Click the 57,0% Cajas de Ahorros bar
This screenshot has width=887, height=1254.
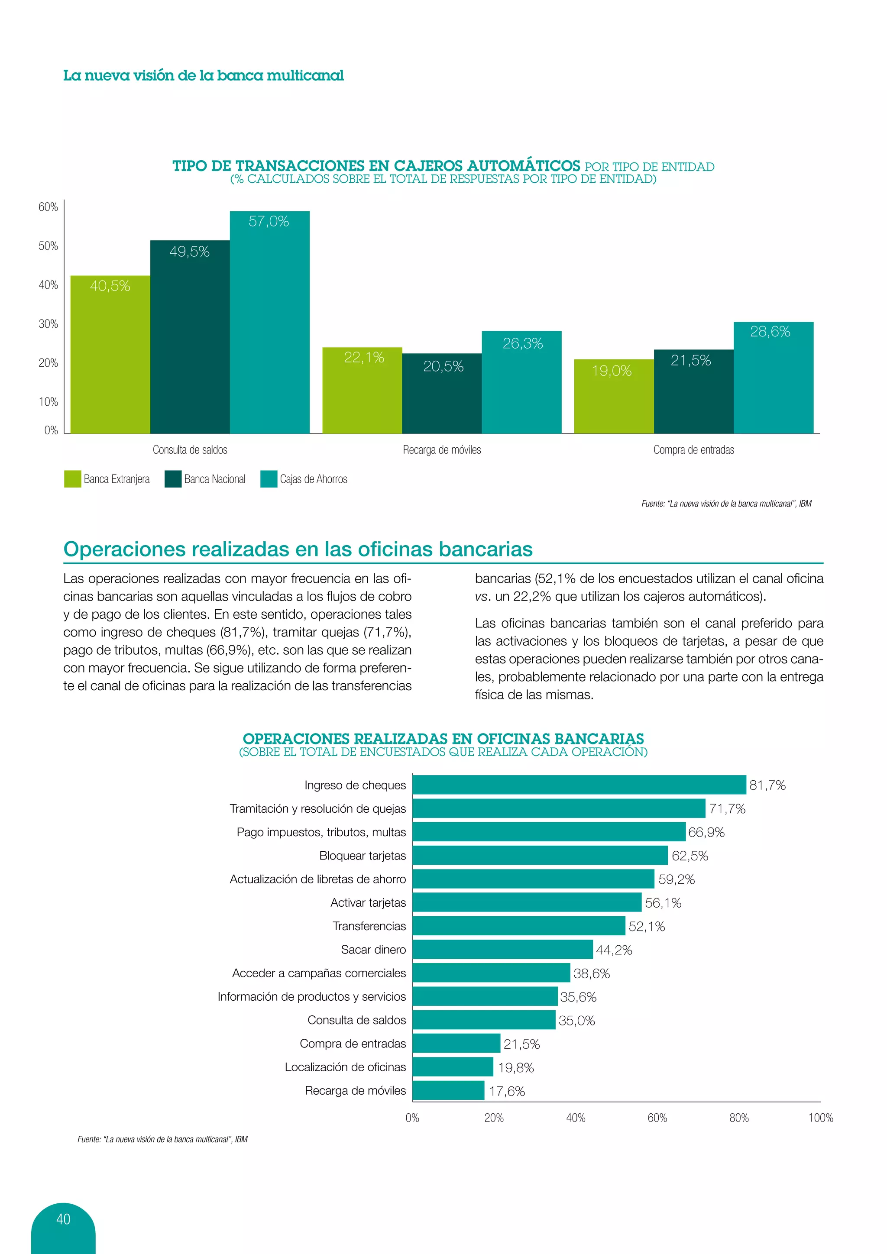pyautogui.click(x=269, y=322)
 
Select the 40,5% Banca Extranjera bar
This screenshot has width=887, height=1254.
pyautogui.click(x=110, y=355)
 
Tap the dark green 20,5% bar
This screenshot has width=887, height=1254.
pyautogui.click(x=442, y=393)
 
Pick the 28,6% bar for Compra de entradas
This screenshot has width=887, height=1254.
pyautogui.click(x=774, y=378)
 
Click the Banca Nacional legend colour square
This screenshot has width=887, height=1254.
pyautogui.click(x=173, y=479)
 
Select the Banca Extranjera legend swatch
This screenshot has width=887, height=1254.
pyautogui.click(x=73, y=479)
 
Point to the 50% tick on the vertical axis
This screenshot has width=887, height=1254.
pyautogui.click(x=48, y=246)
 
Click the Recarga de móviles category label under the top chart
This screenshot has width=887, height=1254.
pyautogui.click(x=442, y=450)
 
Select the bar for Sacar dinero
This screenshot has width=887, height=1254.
pyautogui.click(x=502, y=949)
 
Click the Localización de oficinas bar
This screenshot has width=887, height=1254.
pyautogui.click(x=453, y=1067)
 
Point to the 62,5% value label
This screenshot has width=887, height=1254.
pyautogui.click(x=690, y=856)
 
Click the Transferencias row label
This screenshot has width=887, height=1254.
pyautogui.click(x=369, y=926)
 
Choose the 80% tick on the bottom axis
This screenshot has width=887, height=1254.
pyautogui.click(x=739, y=1118)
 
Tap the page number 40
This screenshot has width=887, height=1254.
pyautogui.click(x=63, y=1219)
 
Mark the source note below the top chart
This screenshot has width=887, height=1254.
pyautogui.click(x=726, y=504)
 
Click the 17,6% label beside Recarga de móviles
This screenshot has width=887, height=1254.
pyautogui.click(x=507, y=1091)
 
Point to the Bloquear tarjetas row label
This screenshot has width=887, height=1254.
pyautogui.click(x=363, y=856)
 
